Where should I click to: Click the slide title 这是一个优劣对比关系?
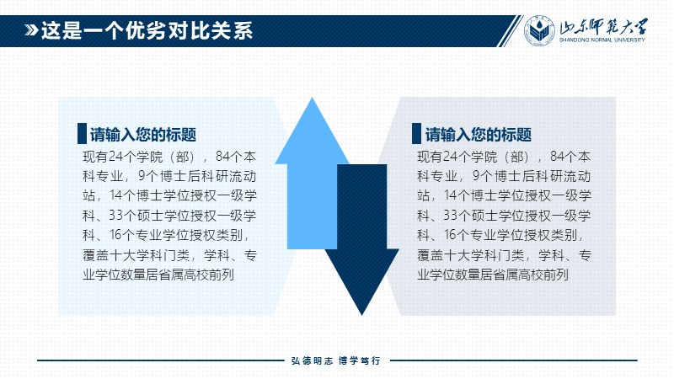(147, 30)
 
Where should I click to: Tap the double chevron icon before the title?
(31, 30)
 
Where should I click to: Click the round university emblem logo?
(539, 30)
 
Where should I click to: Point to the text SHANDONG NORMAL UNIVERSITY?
(602, 40)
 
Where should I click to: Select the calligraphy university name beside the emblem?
(603, 27)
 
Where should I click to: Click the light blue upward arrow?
(312, 173)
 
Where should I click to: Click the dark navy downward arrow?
(362, 240)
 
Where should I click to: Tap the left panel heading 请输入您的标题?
(143, 135)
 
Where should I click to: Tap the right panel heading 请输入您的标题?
(479, 135)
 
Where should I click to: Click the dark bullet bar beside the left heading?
(82, 133)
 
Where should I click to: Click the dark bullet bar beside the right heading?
(416, 133)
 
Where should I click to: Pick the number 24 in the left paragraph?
(115, 157)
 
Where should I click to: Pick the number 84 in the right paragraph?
(558, 157)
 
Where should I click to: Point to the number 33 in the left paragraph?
(116, 215)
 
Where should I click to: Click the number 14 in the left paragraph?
(116, 195)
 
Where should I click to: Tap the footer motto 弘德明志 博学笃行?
(335, 360)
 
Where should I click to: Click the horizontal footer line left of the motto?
(161, 360)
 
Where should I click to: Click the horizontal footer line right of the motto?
(514, 360)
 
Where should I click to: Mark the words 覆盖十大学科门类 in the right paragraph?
(470, 255)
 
